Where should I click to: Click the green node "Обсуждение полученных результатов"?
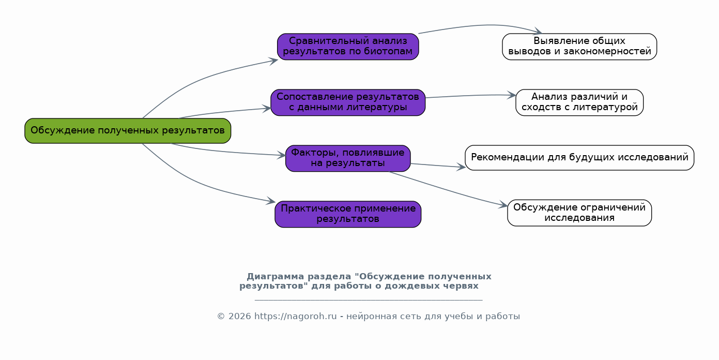pos(128,130)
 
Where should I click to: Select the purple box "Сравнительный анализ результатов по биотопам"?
pos(348,47)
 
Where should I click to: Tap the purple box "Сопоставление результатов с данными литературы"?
pos(348,102)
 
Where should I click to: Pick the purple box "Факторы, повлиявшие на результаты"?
pos(348,158)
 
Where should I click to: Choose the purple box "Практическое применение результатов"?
pos(348,214)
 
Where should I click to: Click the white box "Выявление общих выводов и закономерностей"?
pos(579,47)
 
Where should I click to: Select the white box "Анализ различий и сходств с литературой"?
pos(579,102)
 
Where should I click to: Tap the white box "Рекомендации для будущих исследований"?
pos(579,157)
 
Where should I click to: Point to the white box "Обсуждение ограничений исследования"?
pos(579,213)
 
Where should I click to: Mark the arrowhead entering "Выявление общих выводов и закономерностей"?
pos(538,33)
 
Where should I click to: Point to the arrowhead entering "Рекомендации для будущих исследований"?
pos(462,167)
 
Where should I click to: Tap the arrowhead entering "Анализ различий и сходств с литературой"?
pos(512,95)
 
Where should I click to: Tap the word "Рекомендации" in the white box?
pos(503,157)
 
